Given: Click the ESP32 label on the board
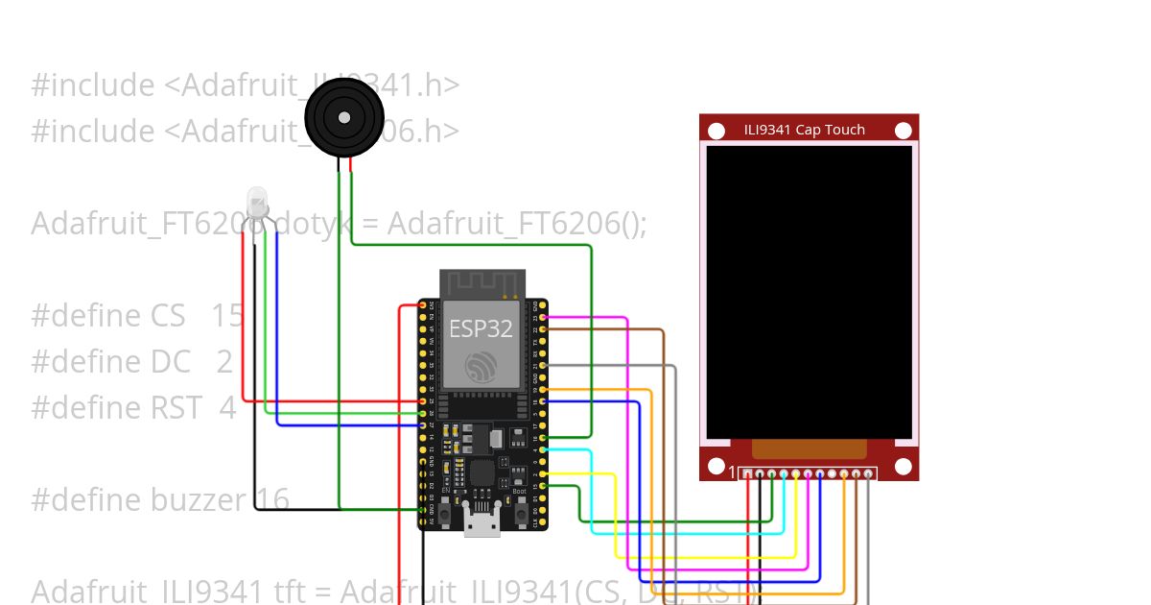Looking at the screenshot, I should point(481,328).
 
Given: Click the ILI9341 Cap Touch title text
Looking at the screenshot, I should point(804,130).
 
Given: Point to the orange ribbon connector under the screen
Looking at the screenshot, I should point(809,449).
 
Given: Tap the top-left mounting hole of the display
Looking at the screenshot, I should point(716,130).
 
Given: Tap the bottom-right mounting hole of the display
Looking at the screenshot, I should point(903,467).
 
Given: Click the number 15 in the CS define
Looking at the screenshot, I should point(227,315).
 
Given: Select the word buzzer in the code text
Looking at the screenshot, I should point(200,499).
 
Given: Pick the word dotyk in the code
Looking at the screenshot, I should point(311,223).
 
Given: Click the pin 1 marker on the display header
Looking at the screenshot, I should point(732,472).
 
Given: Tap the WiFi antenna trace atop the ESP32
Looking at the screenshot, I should point(482,283).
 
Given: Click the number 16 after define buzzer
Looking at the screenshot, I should point(272,499).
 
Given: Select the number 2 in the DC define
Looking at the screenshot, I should point(224,361).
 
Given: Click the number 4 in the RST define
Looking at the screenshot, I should point(226,407).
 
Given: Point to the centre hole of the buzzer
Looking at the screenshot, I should point(343,117).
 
